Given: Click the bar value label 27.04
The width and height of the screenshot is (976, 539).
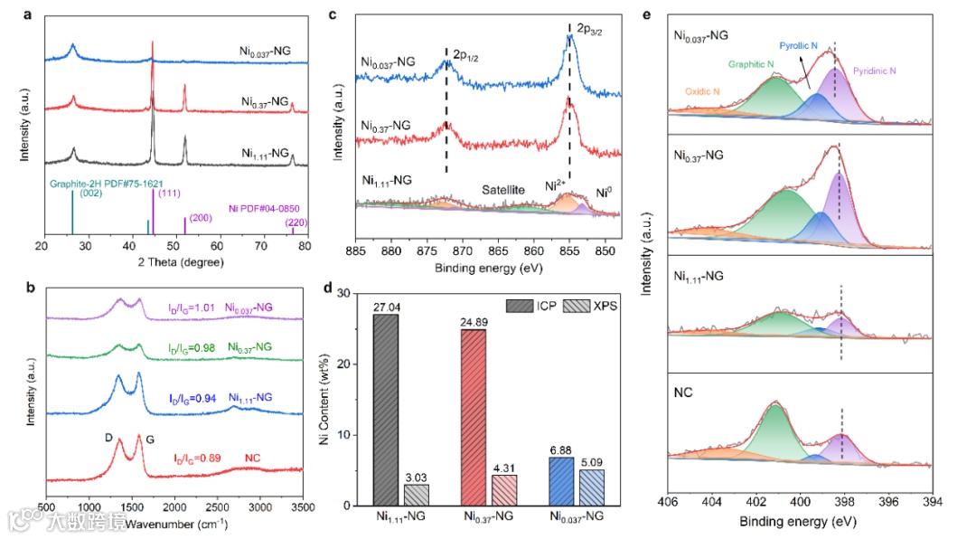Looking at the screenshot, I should pos(385,307).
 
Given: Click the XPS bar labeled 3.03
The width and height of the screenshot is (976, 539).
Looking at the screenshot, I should pos(416,495).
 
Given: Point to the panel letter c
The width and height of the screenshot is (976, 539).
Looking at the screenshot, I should pos(333,15).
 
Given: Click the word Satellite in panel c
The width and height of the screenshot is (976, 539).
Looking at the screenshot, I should pos(503,190).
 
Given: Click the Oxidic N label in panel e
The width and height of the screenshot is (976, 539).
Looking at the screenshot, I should pos(702,92).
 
